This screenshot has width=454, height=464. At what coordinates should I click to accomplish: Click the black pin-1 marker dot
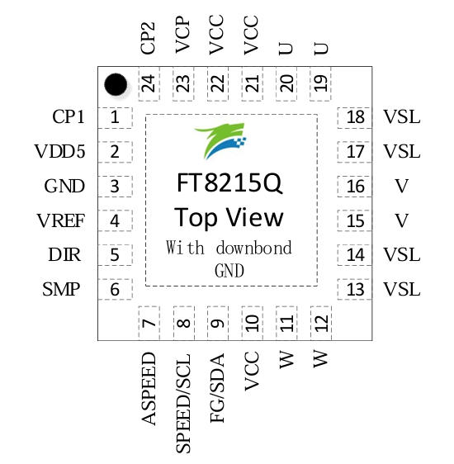click(116, 84)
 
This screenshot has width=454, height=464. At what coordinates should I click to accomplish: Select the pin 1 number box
click(115, 117)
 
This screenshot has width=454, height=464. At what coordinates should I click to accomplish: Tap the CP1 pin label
click(69, 117)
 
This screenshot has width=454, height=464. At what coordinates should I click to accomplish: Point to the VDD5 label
click(59, 152)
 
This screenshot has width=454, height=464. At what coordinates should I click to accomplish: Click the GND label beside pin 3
click(64, 187)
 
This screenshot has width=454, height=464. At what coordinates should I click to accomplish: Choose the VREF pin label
click(61, 221)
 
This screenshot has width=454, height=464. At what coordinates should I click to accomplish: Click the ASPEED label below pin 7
click(149, 388)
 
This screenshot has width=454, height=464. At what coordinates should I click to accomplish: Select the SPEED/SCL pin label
click(184, 402)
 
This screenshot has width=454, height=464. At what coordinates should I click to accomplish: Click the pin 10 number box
click(253, 320)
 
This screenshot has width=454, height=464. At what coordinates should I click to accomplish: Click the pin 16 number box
click(355, 187)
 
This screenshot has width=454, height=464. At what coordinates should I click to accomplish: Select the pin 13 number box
click(355, 290)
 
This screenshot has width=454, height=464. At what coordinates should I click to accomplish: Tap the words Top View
click(229, 217)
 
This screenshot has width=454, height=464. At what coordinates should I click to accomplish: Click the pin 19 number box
click(321, 83)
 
